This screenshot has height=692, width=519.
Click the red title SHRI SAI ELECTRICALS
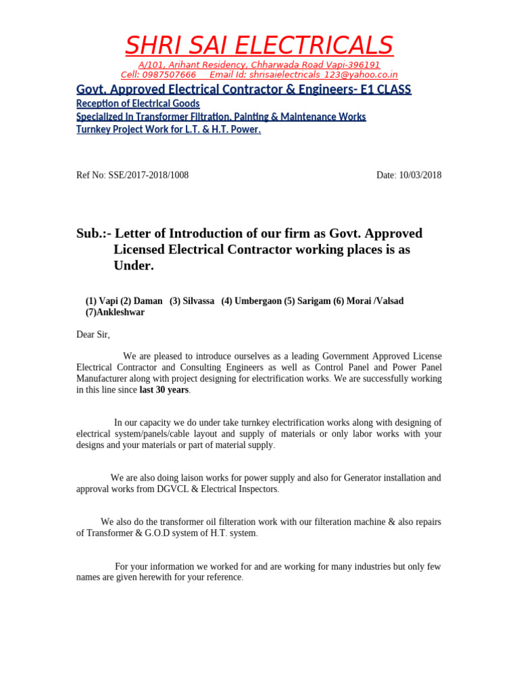click(259, 45)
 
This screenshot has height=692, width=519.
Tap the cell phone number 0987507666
click(169, 75)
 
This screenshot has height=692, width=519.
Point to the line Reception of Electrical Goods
click(138, 103)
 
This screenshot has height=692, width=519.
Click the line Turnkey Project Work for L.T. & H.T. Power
click(168, 129)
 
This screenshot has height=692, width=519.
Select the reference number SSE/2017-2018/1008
click(149, 175)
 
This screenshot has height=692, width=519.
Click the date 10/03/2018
click(419, 175)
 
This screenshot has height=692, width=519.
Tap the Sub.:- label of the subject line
click(94, 234)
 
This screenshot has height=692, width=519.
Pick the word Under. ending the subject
click(134, 266)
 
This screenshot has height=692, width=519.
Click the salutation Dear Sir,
click(93, 335)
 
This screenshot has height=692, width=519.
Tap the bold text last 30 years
click(164, 390)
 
